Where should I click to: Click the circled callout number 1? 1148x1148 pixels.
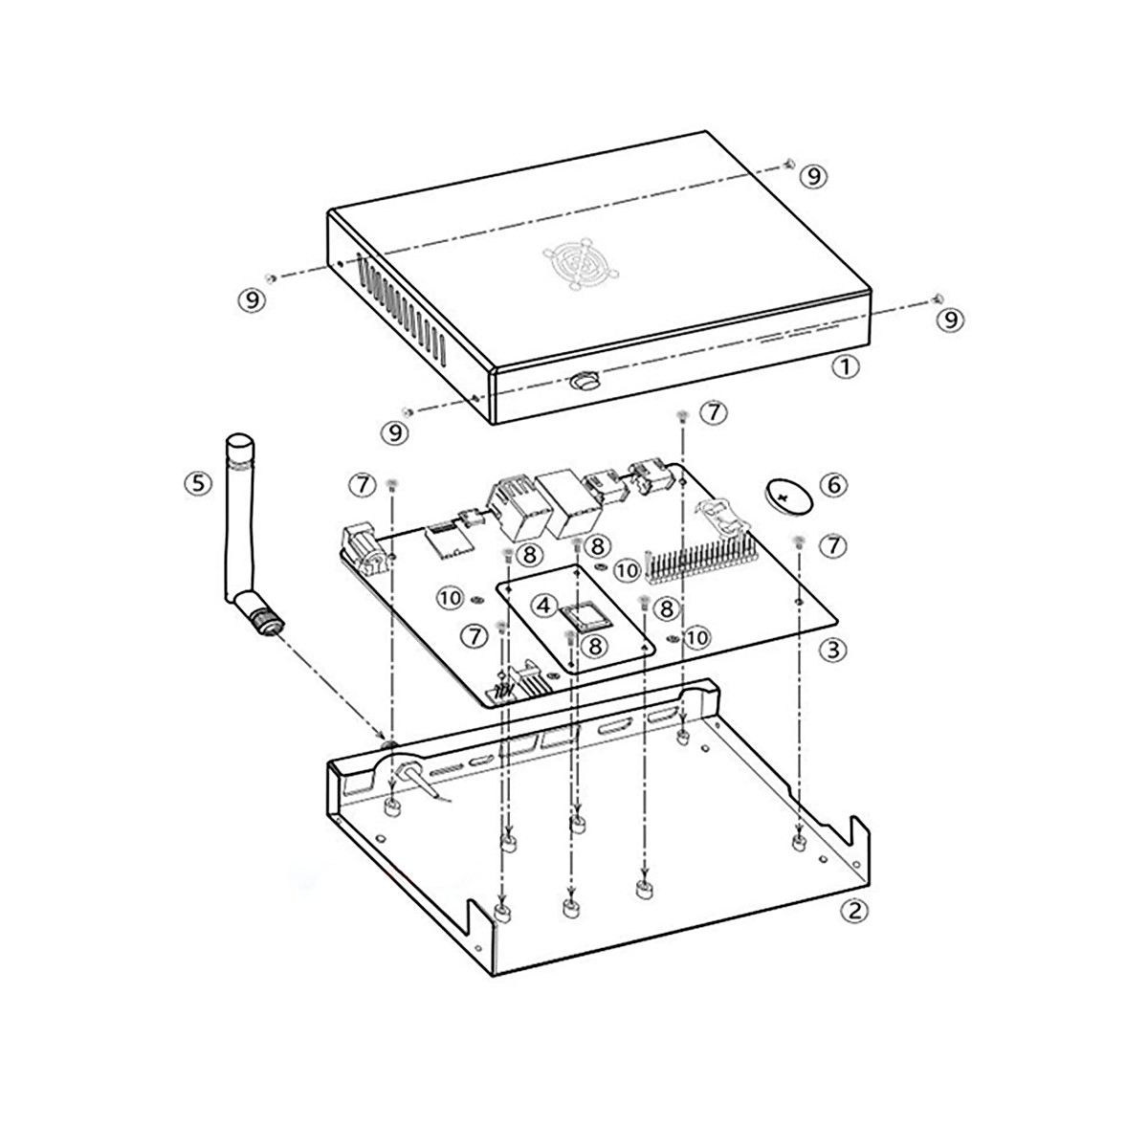click(x=845, y=366)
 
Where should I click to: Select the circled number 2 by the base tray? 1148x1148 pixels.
click(x=853, y=910)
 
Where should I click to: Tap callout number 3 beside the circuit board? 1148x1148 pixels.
click(x=832, y=650)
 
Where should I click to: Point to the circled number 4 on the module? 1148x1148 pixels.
click(x=543, y=606)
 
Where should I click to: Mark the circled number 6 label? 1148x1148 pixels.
click(x=833, y=485)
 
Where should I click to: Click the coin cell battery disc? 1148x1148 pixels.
click(x=787, y=497)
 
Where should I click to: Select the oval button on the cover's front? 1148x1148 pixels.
click(x=583, y=382)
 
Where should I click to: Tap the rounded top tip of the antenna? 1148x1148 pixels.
click(x=237, y=441)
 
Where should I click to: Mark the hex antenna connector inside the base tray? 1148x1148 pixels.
click(x=389, y=744)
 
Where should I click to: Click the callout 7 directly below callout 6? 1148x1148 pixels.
click(x=833, y=545)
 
